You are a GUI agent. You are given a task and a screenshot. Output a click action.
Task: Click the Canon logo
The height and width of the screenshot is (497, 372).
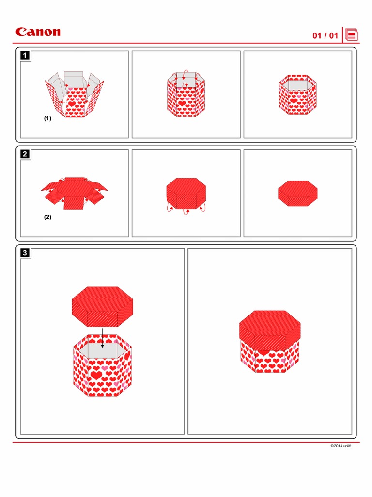(x=38, y=32)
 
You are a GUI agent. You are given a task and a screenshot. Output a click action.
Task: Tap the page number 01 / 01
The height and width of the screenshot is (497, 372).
(x=325, y=35)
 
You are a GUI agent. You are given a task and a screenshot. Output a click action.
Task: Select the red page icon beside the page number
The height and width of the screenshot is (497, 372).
(x=352, y=34)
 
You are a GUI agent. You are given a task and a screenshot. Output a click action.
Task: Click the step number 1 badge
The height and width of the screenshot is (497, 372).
(x=25, y=55)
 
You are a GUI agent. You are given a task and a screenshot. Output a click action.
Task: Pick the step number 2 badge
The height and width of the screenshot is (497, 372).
(x=25, y=154)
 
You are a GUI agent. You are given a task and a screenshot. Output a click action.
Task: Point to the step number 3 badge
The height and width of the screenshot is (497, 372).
(x=25, y=253)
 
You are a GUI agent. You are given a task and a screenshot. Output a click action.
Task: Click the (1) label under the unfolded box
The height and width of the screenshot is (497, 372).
(x=47, y=118)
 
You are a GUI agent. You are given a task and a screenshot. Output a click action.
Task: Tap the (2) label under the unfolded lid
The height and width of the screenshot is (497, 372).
(x=47, y=217)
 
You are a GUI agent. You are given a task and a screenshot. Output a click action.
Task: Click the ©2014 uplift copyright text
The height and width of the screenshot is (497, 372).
(x=341, y=446)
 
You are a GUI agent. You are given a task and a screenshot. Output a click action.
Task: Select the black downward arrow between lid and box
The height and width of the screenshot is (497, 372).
(x=102, y=338)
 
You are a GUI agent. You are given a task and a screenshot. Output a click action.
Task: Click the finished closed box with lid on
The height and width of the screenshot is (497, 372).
(x=270, y=341)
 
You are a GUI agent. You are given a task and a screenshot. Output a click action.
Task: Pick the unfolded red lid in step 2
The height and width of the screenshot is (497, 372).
(x=74, y=193)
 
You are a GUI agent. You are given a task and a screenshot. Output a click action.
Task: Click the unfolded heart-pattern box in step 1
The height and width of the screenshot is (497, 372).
(x=75, y=94)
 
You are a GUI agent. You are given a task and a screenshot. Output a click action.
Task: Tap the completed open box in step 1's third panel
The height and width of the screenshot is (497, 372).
(x=298, y=94)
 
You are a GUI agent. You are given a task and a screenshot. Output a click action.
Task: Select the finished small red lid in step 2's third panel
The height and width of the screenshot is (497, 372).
(x=298, y=193)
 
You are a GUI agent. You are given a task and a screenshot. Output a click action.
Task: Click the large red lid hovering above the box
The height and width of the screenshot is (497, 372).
(x=103, y=307)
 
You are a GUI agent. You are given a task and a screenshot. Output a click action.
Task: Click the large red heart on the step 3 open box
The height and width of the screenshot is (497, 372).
(x=96, y=375)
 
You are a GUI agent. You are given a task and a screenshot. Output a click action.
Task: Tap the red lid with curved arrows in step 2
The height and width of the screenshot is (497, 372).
(x=186, y=194)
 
